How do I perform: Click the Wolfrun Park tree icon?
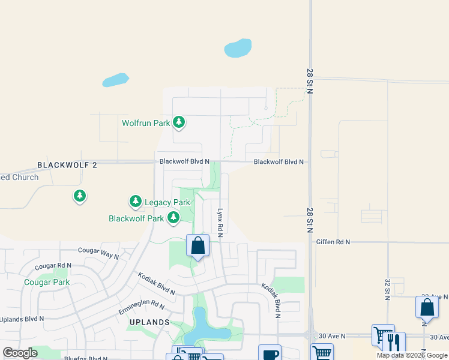[x=178, y=122]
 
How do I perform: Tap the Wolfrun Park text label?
[x=146, y=123]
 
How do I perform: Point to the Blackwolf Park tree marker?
[x=173, y=217]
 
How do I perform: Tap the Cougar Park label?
[x=47, y=282]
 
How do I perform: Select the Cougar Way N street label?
[x=98, y=253]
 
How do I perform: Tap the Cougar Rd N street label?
[x=53, y=265]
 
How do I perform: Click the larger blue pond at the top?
[x=238, y=48]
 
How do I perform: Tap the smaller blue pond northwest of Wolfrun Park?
[x=115, y=80]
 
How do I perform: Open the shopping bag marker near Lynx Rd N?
[x=197, y=246]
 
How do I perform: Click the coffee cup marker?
[x=270, y=353]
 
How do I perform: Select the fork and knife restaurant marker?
[x=394, y=342]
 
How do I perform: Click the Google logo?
[x=20, y=353]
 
